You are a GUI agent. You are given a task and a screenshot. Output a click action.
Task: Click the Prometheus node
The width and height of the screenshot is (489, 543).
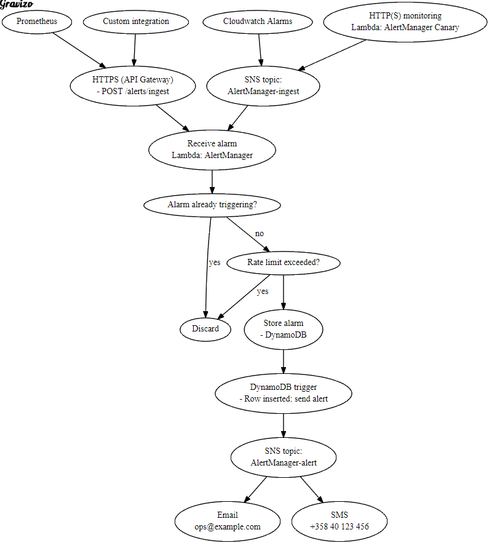coord(37,22)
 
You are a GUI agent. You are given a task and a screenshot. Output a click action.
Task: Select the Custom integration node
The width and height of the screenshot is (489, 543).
coord(135,22)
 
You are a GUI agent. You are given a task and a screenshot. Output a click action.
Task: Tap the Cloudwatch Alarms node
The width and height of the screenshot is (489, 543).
coord(258,22)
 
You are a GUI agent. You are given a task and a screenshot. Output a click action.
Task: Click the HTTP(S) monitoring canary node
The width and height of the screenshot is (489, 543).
coord(405,22)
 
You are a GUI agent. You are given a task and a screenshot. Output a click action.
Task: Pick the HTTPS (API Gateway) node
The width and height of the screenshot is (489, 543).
coord(133,85)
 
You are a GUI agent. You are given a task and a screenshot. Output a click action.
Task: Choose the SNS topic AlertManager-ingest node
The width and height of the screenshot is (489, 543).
coord(263,85)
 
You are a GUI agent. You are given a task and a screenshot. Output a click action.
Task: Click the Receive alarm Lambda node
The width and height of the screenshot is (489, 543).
coord(212,149)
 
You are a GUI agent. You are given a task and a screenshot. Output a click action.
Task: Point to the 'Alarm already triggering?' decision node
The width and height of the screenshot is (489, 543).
coord(212,205)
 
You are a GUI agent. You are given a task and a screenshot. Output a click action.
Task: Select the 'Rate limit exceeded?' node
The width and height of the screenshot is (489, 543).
coord(284,263)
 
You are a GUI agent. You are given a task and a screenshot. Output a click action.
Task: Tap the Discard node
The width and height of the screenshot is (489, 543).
coord(205,328)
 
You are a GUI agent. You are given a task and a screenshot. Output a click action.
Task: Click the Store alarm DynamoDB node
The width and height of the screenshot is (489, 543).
coord(284,329)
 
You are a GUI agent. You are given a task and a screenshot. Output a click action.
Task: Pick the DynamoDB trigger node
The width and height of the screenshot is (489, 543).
coord(284,393)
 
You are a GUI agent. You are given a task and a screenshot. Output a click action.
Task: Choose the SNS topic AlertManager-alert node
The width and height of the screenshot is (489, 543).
coord(284,457)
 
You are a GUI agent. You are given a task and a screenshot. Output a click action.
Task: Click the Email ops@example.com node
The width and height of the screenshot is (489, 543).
coord(228,521)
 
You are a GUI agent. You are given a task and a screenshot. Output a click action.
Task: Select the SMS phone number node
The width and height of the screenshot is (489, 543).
coord(340,521)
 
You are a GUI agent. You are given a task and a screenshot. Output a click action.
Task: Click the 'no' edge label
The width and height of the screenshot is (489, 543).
coord(260,234)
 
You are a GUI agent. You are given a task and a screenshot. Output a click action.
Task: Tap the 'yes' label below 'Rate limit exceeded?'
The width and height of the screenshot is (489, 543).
coord(263,291)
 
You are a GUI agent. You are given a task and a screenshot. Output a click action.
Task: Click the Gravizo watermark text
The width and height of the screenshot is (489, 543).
coord(16,5)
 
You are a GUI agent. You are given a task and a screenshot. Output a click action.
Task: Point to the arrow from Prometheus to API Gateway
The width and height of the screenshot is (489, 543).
coord(79,49)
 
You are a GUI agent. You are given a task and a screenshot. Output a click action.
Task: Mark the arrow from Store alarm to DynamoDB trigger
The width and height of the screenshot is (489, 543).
coord(284,361)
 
